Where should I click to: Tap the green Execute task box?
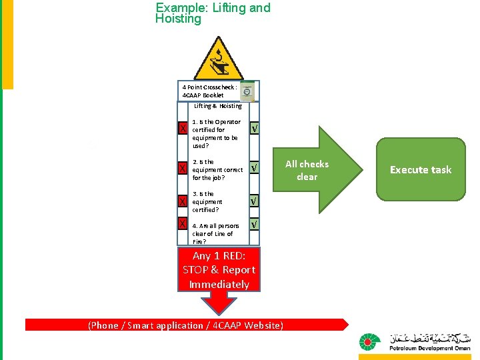[421, 169]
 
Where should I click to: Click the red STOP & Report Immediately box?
[219, 270]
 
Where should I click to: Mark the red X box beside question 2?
[182, 169]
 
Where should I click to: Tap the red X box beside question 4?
[182, 223]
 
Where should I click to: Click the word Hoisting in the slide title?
[178, 19]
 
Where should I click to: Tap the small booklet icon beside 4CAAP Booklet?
[247, 91]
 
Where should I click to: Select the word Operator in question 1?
[228, 122]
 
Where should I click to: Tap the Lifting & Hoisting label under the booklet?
[218, 106]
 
